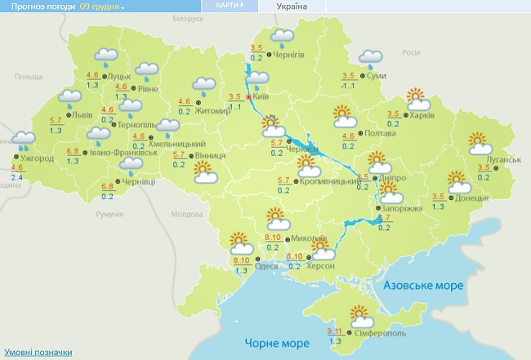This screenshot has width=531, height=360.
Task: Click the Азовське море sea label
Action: [x=424, y=286]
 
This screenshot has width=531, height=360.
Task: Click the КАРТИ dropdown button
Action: [x=230, y=5]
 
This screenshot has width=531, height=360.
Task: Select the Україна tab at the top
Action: [x=292, y=6]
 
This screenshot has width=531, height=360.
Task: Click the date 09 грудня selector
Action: [x=102, y=7]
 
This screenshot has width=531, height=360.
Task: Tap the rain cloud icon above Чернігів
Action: [x=283, y=36]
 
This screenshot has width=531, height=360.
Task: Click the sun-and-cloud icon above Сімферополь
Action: [x=359, y=313]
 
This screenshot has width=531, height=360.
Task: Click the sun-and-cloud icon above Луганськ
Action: [x=480, y=144]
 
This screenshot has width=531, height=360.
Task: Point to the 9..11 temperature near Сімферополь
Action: [x=334, y=331]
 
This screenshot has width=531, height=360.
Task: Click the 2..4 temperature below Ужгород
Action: [x=17, y=176]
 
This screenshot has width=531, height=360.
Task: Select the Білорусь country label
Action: [x=186, y=18]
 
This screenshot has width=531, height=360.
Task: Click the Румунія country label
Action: [x=109, y=214]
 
